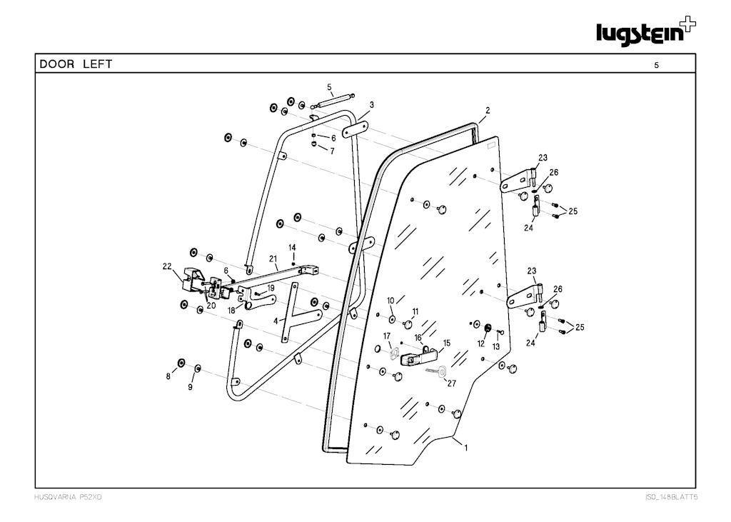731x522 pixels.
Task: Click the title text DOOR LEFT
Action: tap(76, 64)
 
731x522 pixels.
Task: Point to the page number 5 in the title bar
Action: tap(656, 65)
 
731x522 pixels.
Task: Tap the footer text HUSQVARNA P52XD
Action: tap(69, 496)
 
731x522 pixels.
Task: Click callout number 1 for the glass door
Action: tap(465, 448)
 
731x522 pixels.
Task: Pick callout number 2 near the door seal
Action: tap(488, 111)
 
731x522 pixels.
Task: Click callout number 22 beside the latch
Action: tap(167, 266)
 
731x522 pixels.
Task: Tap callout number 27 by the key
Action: tap(451, 383)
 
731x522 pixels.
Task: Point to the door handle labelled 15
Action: tap(418, 356)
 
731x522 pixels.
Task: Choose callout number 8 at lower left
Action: tap(168, 376)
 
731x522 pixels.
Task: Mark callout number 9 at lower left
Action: tap(191, 387)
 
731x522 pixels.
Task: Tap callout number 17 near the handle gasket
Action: tap(387, 336)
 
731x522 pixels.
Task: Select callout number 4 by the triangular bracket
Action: tap(276, 321)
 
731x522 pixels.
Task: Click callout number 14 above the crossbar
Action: tap(292, 247)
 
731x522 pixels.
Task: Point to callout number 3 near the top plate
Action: tap(372, 104)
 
